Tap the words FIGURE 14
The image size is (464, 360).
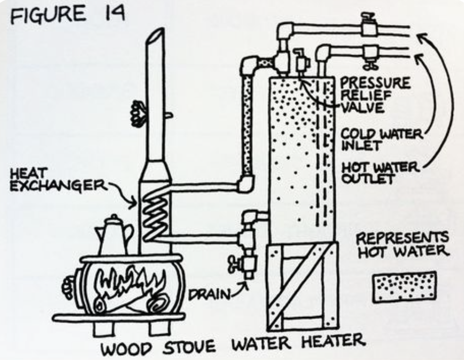point(67,14)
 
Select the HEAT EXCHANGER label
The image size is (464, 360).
point(58,180)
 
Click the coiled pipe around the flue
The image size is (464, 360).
point(155,214)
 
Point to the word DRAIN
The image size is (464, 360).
point(210,294)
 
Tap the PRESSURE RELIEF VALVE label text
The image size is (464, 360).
point(375,95)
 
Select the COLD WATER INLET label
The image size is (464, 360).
point(382,140)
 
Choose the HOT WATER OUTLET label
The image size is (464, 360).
point(381,173)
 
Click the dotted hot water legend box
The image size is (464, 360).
point(405,287)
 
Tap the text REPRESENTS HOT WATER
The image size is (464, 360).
point(403,245)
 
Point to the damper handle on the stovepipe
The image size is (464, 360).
point(139,113)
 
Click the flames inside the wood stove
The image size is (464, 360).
point(130,283)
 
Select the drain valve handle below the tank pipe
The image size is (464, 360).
point(234,264)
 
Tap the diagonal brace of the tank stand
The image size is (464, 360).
point(299,287)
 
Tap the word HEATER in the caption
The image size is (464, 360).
point(333,341)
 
